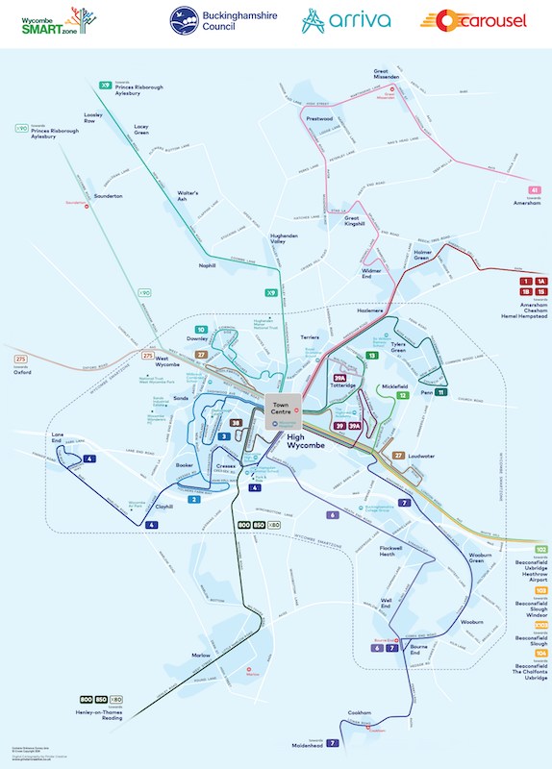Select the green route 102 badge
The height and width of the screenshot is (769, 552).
click(x=540, y=549)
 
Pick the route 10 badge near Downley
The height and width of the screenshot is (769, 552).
click(x=201, y=330)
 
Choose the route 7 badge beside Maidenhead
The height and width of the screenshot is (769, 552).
click(x=333, y=742)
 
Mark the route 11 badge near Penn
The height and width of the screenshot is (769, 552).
click(x=440, y=392)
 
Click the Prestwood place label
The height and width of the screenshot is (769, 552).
click(x=318, y=119)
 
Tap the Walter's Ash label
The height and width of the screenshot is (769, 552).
click(x=188, y=195)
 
